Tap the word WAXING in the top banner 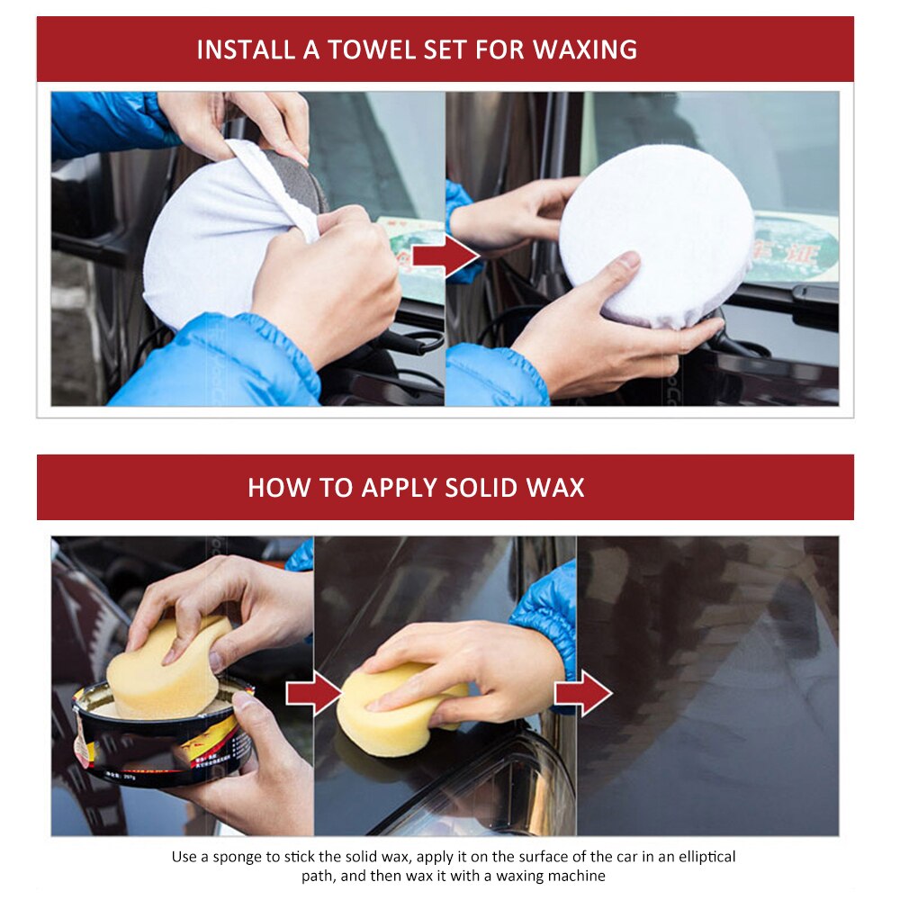[585, 49]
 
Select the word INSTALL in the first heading [244, 49]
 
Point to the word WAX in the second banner [557, 488]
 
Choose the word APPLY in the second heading [400, 488]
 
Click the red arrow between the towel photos [445, 256]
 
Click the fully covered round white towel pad [656, 234]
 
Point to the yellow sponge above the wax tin [166, 666]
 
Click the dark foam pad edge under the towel [306, 184]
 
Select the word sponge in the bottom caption [240, 856]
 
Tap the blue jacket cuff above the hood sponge [547, 612]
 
